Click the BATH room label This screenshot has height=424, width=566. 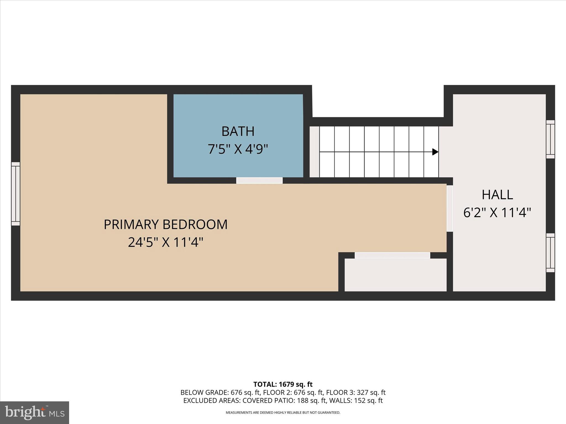[x=238, y=131]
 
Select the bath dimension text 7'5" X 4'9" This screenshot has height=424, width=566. [x=238, y=149]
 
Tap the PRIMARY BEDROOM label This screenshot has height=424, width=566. [x=165, y=224]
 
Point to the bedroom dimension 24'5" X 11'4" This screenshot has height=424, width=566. [x=165, y=242]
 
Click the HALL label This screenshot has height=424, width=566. [x=497, y=195]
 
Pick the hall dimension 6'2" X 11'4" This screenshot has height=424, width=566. [x=497, y=213]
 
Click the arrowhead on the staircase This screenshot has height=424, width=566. [x=435, y=152]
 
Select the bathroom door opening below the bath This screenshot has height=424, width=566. [x=259, y=181]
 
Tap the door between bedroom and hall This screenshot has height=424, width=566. [x=450, y=208]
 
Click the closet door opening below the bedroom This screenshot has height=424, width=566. [x=392, y=255]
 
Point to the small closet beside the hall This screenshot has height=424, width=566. [x=395, y=275]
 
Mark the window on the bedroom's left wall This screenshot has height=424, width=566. [x=15, y=194]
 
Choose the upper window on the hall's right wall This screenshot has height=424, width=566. [x=550, y=139]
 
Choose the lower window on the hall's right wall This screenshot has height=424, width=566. [x=550, y=253]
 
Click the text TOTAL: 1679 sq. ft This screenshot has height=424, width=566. [x=283, y=384]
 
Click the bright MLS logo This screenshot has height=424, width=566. [x=35, y=412]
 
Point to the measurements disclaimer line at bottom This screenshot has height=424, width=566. [x=283, y=413]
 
